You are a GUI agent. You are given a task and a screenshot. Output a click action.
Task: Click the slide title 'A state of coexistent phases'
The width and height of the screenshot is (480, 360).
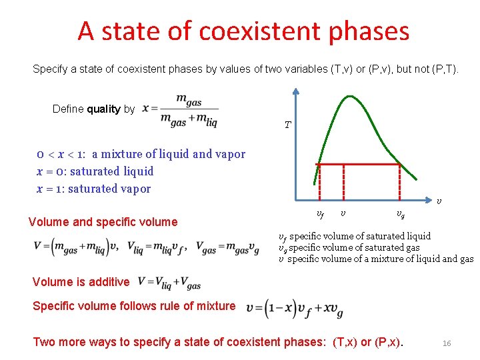[243, 31]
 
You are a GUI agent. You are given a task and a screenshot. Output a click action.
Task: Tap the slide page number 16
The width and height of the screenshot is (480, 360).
[447, 343]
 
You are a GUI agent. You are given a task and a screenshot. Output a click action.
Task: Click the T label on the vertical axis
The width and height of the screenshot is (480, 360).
[287, 125]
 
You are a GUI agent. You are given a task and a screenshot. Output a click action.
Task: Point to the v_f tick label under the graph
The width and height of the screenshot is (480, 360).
[320, 214]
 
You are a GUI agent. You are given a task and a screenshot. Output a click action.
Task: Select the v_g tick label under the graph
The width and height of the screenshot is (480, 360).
[399, 214]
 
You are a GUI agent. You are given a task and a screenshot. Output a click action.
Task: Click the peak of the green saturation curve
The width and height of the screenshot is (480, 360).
[346, 97]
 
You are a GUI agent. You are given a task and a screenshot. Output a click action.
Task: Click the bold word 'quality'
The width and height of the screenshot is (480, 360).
[103, 109]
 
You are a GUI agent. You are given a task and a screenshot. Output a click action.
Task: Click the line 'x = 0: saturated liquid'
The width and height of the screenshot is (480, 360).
[95, 171]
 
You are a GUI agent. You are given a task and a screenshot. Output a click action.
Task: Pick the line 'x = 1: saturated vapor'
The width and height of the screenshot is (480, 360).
[94, 189]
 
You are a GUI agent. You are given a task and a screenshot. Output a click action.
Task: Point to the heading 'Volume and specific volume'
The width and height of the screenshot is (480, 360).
[103, 222]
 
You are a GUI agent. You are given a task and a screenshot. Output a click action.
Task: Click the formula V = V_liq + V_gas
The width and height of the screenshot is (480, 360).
[169, 282]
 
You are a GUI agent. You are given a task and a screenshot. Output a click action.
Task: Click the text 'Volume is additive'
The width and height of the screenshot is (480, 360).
[81, 282]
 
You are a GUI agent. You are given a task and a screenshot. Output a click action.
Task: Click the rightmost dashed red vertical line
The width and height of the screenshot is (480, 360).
[399, 183]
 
